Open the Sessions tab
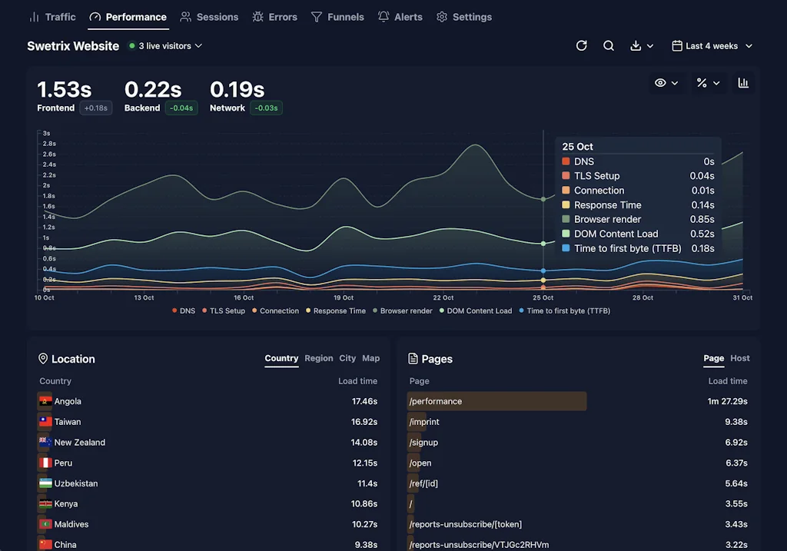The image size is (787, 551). tap(209, 17)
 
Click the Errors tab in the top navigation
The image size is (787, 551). tap(274, 17)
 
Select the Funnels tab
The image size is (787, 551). tap(337, 17)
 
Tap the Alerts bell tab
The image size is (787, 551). tap(400, 17)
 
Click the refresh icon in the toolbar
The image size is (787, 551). tap(582, 46)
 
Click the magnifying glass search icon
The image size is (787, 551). tap(609, 46)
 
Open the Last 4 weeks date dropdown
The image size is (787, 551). tap(712, 46)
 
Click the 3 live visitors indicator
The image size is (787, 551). tap(165, 46)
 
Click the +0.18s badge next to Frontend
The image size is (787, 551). tap(96, 108)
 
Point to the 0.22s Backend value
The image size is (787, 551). tap(153, 90)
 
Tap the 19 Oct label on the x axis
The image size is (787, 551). tap(344, 297)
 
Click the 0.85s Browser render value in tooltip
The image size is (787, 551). tap(702, 220)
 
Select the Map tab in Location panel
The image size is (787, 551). tap(370, 358)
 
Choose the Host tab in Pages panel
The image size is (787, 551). tap(739, 358)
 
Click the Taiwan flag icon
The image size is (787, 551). tap(45, 422)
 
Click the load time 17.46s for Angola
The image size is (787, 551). tap(364, 401)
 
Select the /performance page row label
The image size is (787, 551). tap(436, 401)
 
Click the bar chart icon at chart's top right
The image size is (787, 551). tap(743, 83)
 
